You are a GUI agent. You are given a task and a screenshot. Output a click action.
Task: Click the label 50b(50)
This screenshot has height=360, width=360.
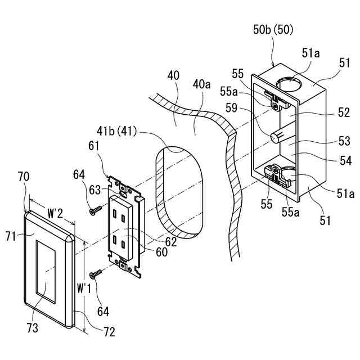(x=274, y=29)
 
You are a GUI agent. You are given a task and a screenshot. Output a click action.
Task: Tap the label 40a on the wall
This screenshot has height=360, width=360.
(x=201, y=85)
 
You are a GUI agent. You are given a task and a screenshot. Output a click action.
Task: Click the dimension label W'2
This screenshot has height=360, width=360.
(x=55, y=213)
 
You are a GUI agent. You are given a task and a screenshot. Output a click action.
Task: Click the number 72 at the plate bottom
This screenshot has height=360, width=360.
(x=109, y=331)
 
